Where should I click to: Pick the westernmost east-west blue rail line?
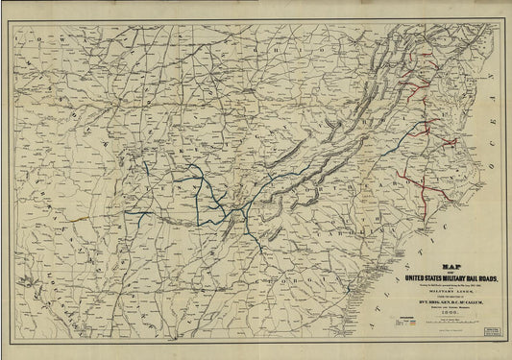(x=139, y=212)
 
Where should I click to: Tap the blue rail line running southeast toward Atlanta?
(x=246, y=230)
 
